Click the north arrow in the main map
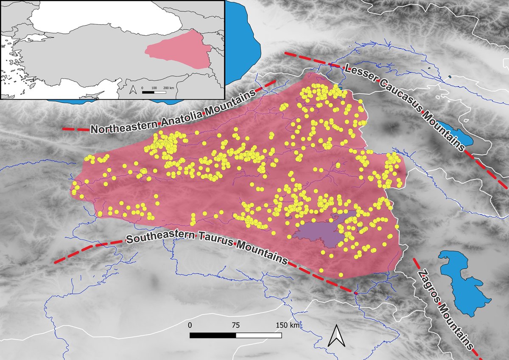tap(337, 335)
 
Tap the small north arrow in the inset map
tap(133, 90)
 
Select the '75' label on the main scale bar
tap(236, 325)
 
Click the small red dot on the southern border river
tap(356, 292)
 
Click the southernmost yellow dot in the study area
tap(322, 270)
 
